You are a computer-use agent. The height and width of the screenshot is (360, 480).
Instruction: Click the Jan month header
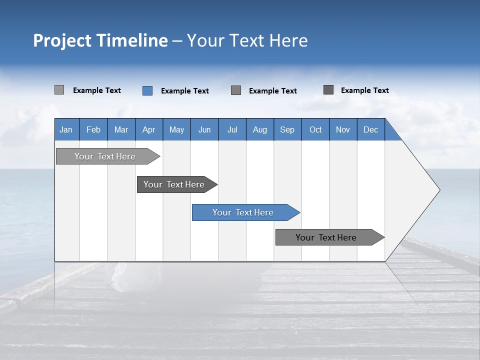click(x=66, y=129)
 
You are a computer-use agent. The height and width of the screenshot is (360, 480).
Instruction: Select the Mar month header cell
click(x=121, y=129)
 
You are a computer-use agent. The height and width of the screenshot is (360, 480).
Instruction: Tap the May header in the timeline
click(x=176, y=129)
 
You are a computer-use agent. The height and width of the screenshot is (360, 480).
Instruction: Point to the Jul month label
click(x=232, y=129)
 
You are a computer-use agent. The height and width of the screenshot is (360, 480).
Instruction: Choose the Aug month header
click(x=259, y=129)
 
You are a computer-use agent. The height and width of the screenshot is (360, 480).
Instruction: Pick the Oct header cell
click(x=315, y=129)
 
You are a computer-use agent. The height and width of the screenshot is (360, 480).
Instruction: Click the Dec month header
click(x=370, y=129)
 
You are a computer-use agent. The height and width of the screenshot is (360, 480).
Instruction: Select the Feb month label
click(x=93, y=129)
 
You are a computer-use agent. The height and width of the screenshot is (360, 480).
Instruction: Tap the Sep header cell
click(x=287, y=129)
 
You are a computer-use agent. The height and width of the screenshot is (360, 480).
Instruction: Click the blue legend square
click(x=147, y=90)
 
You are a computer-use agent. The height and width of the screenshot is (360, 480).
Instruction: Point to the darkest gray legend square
click(x=328, y=90)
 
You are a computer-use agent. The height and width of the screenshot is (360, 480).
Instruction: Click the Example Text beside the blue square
click(x=184, y=91)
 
